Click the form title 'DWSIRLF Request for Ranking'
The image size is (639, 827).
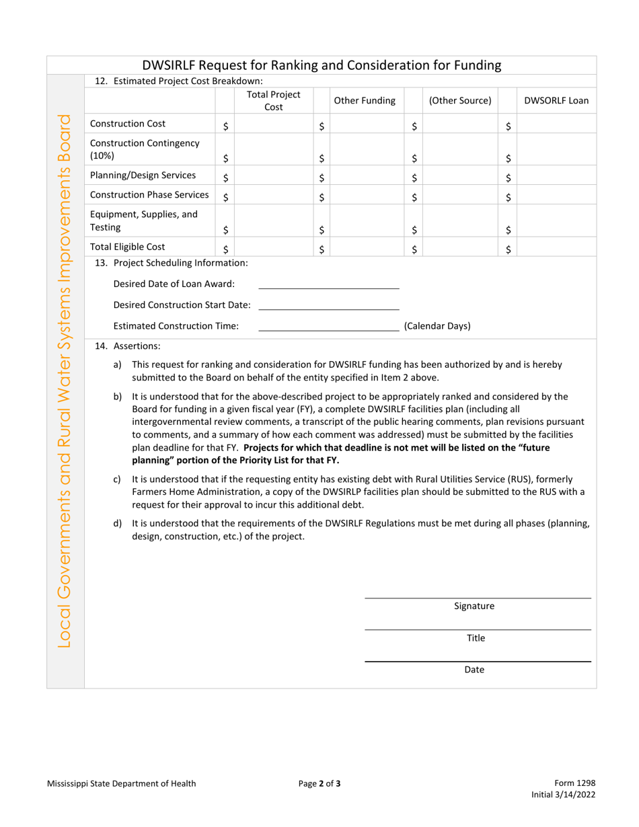(x=322, y=65)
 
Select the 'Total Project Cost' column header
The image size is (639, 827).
(x=273, y=101)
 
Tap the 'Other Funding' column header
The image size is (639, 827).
(x=365, y=101)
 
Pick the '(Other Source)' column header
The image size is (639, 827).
(x=460, y=101)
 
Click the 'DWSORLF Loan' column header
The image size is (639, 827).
(x=556, y=101)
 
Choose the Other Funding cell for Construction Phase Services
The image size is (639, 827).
(x=367, y=196)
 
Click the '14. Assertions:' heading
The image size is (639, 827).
(x=128, y=346)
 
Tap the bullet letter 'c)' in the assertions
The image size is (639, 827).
(x=118, y=479)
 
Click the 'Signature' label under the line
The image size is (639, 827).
(x=474, y=606)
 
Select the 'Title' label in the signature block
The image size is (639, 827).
(x=476, y=638)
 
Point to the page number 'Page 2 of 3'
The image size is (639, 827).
(x=319, y=783)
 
